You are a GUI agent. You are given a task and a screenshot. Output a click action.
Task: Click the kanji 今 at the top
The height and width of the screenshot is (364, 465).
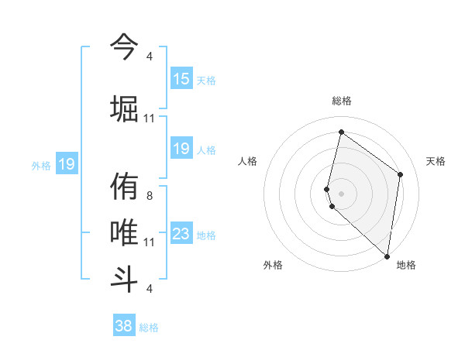pos(125,46)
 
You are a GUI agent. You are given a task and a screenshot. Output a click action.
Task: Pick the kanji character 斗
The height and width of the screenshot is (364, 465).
pos(125,276)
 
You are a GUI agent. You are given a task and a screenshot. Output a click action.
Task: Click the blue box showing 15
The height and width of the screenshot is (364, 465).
pos(181,79)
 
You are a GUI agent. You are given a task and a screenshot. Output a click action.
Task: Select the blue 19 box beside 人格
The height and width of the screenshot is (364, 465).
pos(181,149)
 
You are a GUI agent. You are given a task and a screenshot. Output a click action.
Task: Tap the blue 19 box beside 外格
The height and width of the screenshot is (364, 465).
pos(67,164)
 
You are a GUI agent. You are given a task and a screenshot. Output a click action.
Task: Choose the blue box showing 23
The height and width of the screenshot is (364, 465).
pos(181,234)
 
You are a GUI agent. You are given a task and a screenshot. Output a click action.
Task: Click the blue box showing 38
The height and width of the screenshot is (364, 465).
pos(124,326)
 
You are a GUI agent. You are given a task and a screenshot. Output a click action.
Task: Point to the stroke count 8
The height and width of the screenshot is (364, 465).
pos(149,196)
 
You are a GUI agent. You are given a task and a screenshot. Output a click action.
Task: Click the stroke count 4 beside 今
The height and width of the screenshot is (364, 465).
pos(149,57)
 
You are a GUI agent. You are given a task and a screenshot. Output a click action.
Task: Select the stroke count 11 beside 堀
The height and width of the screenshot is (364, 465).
pos(150,118)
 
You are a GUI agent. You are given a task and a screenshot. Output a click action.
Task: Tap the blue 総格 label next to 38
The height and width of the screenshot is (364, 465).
pos(149,328)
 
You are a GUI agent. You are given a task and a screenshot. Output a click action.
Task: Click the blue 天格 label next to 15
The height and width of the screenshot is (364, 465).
pos(206,81)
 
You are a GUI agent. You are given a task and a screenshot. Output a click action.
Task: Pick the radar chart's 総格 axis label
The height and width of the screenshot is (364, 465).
pos(342,101)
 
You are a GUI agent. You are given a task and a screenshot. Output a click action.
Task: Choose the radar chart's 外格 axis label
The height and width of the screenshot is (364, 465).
pos(273,265)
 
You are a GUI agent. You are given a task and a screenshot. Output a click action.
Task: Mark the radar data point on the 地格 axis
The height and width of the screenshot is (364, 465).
pos(387,256)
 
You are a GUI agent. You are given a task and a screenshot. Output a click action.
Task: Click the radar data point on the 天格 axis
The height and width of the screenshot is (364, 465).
pos(401,174)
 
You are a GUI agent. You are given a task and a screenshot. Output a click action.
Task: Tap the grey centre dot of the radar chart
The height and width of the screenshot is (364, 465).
pos(342,193)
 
